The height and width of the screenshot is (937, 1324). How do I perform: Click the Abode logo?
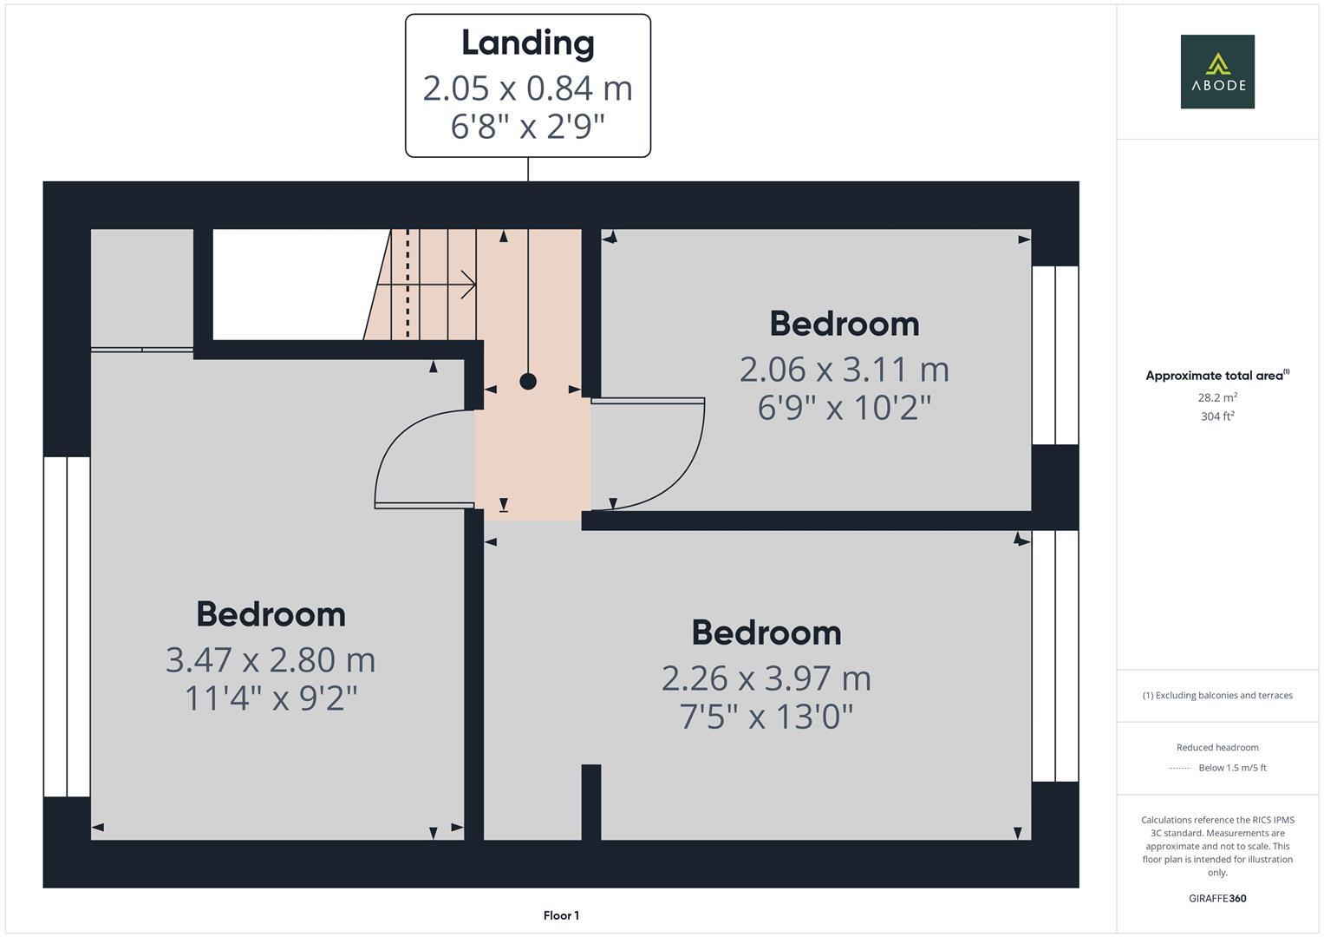[1216, 71]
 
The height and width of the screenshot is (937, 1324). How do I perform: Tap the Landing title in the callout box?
[527, 43]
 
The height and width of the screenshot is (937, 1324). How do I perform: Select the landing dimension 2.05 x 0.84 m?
[527, 88]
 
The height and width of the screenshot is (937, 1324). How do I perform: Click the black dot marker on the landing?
[528, 381]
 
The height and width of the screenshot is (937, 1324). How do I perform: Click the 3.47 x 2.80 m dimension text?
[271, 659]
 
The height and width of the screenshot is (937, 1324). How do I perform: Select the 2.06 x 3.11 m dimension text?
[844, 370]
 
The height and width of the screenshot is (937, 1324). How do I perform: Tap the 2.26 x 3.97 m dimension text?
[766, 678]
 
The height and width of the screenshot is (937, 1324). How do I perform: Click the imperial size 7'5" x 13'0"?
[766, 717]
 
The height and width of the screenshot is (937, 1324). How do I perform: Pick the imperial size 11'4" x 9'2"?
[271, 698]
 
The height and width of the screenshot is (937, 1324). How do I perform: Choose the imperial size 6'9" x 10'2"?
[844, 407]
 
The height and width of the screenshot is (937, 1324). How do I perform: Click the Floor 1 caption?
[561, 915]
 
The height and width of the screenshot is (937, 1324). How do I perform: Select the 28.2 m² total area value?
[1216, 397]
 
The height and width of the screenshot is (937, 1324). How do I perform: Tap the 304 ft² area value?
[1216, 416]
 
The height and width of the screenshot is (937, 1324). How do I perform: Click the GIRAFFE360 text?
[1216, 898]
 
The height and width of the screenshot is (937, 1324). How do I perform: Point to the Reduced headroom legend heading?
[1216, 747]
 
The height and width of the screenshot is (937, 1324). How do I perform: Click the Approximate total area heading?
[1216, 376]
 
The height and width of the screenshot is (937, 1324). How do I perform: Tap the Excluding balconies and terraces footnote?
[1216, 695]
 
